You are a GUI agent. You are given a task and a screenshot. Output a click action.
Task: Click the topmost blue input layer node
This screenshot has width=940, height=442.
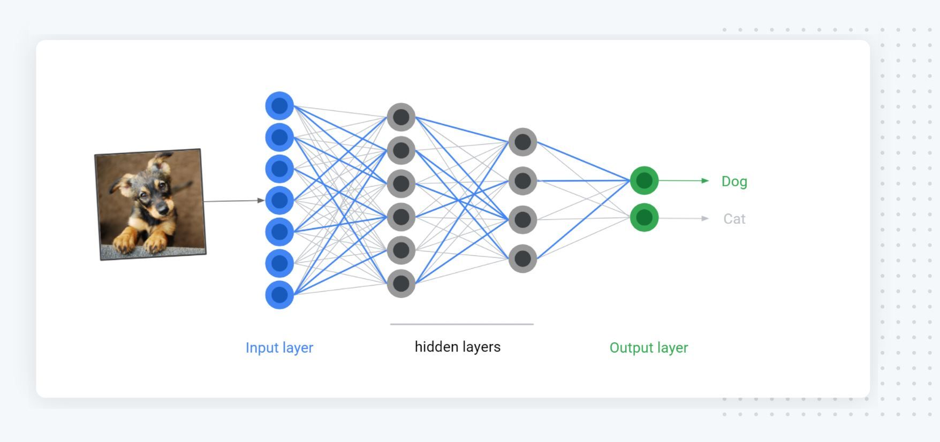click(279, 106)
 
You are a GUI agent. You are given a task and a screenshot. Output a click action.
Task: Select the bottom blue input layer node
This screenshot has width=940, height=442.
click(279, 295)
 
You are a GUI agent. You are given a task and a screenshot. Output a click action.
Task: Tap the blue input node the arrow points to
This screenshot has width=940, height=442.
click(279, 201)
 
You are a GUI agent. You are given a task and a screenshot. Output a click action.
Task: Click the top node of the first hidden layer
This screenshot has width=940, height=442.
click(401, 117)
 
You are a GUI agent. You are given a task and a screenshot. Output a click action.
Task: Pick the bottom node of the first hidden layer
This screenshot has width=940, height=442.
click(401, 284)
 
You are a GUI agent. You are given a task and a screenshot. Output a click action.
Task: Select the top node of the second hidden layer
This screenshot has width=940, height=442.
click(522, 142)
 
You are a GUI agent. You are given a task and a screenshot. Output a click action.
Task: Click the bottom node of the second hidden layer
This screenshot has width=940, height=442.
click(522, 258)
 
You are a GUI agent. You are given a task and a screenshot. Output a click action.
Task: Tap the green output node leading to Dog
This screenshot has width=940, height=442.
click(644, 181)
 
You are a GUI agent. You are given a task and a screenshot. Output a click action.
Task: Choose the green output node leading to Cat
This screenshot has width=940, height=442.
click(644, 218)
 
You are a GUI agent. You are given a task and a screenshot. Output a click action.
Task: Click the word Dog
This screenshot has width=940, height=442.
click(734, 181)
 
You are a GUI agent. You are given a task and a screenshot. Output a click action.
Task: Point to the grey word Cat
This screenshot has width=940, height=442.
click(734, 219)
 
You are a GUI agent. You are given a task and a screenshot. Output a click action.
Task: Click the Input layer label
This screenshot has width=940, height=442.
click(279, 348)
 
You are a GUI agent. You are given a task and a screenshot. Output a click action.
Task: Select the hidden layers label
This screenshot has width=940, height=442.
click(457, 347)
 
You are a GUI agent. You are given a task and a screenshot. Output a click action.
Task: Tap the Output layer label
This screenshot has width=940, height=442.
click(648, 348)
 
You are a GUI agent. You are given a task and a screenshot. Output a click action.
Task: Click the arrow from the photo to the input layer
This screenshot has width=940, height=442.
click(234, 201)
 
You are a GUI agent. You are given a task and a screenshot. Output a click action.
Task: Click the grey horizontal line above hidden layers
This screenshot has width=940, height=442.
click(461, 324)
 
